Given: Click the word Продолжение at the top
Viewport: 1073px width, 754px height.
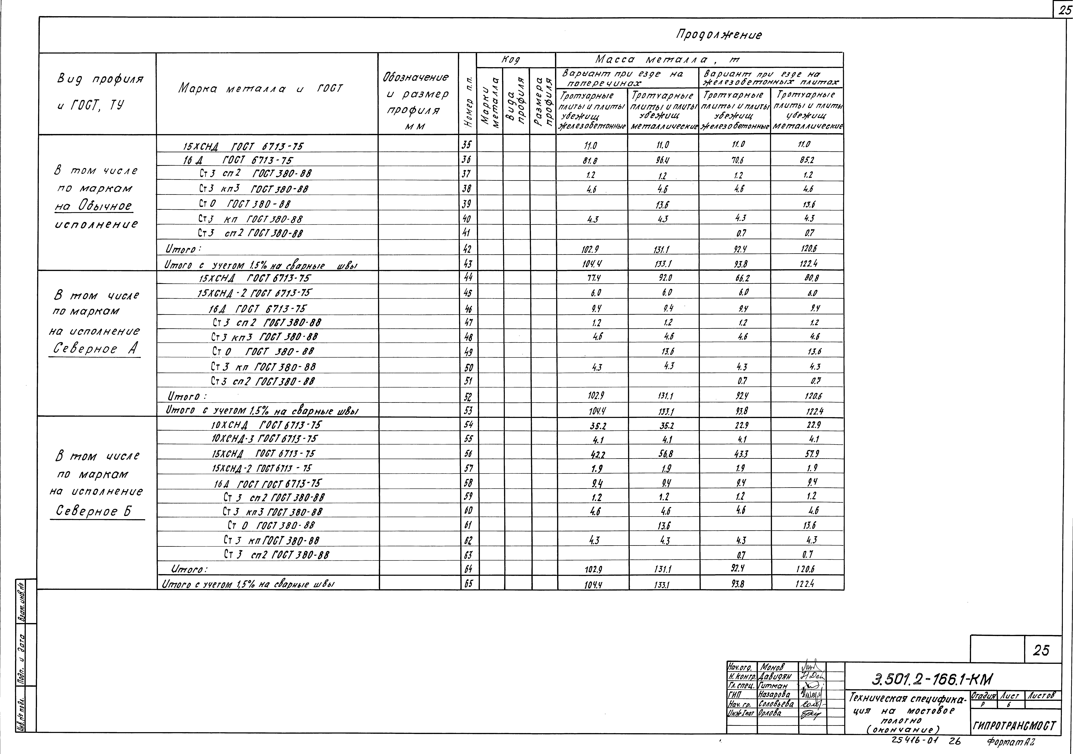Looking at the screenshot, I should click(x=718, y=35).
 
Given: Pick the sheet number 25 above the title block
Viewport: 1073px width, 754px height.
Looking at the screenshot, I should click(x=1041, y=650).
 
